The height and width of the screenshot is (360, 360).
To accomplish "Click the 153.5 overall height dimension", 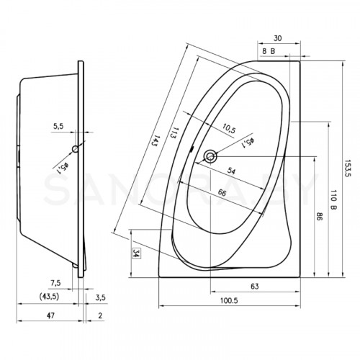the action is click(x=348, y=168).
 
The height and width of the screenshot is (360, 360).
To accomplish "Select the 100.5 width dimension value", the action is click(x=229, y=300).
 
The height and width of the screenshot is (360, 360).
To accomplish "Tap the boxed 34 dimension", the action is click(x=136, y=253).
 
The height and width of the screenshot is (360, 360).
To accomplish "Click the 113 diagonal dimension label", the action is click(x=174, y=132).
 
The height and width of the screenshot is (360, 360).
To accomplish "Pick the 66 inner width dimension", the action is click(x=222, y=192).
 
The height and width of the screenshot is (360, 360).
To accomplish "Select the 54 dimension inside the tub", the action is click(x=231, y=171).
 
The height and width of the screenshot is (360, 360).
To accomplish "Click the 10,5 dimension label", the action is click(x=229, y=129).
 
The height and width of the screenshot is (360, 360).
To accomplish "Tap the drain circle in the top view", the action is click(x=210, y=156).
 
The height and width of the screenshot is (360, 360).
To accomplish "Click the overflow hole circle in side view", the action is click(x=76, y=149).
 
